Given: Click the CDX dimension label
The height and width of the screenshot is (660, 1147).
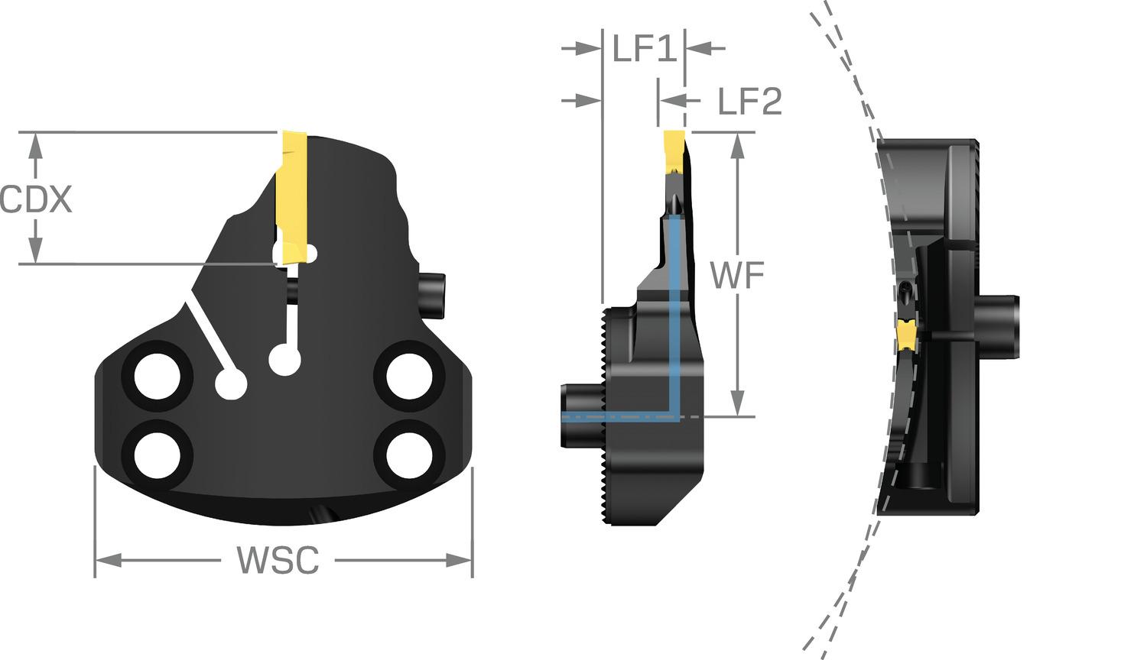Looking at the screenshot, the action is (x=35, y=199).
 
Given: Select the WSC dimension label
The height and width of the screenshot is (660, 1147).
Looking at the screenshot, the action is (x=278, y=560).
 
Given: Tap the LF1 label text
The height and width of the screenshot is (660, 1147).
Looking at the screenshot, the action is (x=645, y=49).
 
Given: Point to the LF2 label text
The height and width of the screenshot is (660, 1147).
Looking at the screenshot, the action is (x=749, y=101).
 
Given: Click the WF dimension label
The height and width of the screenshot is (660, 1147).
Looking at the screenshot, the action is (x=737, y=275).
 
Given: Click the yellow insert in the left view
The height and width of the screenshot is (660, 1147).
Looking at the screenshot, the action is (x=292, y=198).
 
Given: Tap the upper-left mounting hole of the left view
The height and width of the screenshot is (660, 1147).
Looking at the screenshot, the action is (x=158, y=377).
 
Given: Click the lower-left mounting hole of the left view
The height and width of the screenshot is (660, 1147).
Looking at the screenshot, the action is (x=158, y=455).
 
